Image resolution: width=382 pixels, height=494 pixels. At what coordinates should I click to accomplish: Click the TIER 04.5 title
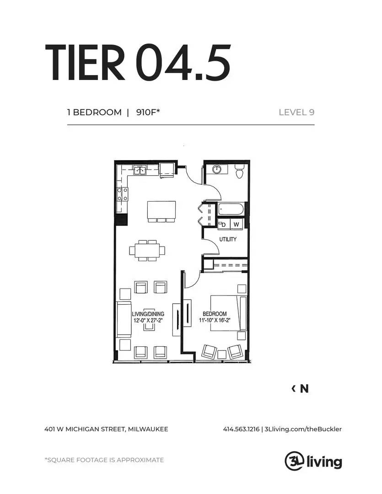(x=137, y=63)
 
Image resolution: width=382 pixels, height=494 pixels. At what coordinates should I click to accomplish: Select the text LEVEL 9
(x=296, y=112)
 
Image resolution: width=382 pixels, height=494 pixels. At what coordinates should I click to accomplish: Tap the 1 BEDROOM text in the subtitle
(x=94, y=112)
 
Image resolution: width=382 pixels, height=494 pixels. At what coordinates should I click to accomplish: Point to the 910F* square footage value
(x=147, y=112)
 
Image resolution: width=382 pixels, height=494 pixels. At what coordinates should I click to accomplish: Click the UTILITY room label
(x=227, y=239)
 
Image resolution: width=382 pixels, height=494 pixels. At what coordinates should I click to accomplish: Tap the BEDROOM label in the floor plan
(x=215, y=314)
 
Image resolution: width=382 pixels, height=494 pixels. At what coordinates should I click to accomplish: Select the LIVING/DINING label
(x=148, y=314)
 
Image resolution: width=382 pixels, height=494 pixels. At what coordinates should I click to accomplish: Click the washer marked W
(x=236, y=224)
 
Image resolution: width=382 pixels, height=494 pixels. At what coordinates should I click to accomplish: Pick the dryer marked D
(x=223, y=224)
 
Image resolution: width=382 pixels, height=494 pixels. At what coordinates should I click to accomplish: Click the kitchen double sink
(x=140, y=171)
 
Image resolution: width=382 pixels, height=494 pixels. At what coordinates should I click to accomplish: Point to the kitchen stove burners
(x=122, y=194)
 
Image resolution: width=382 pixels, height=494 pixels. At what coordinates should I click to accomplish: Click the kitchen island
(x=161, y=210)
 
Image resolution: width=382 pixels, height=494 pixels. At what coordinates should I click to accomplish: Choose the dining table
(x=147, y=250)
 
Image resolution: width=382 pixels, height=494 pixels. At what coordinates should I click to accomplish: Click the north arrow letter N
(x=304, y=389)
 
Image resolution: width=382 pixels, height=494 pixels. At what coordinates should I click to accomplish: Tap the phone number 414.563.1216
(x=241, y=429)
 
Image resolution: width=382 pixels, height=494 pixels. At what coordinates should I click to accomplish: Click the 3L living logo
(x=313, y=460)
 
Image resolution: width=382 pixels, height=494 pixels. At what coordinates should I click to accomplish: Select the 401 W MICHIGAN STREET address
(x=106, y=429)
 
